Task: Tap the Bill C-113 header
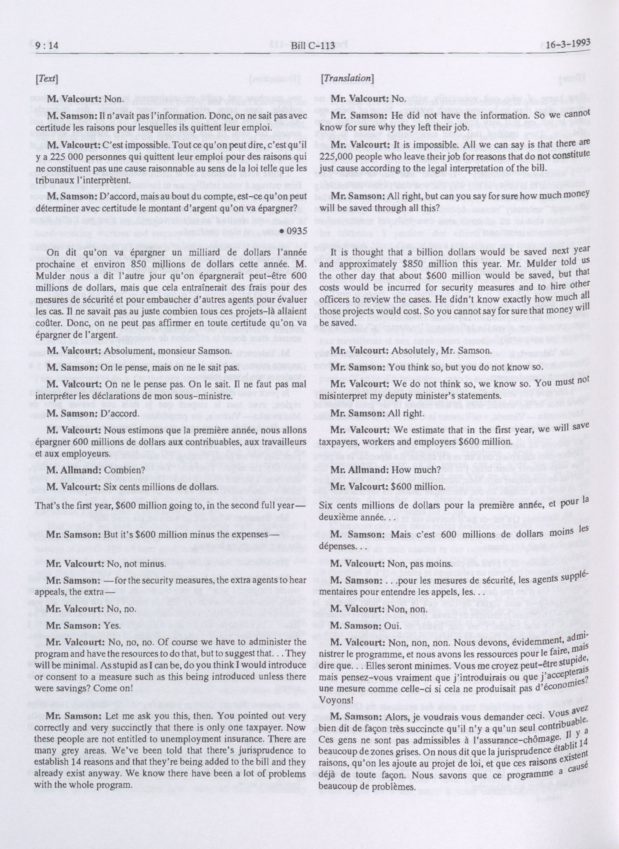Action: (x=309, y=45)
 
